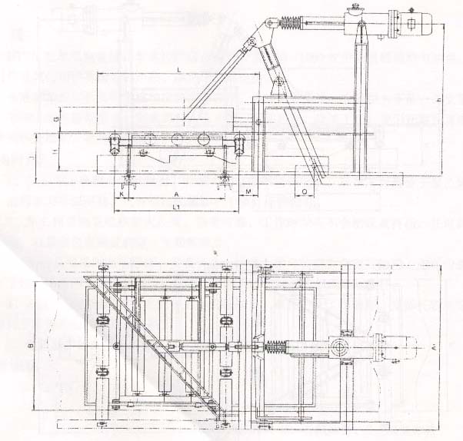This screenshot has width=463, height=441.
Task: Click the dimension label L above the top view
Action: point(178,69)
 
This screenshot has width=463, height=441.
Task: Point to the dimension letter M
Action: point(248,189)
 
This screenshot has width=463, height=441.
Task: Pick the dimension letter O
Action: point(305,189)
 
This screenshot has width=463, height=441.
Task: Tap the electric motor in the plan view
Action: point(401,348)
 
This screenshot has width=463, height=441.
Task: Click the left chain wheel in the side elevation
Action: point(114,141)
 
